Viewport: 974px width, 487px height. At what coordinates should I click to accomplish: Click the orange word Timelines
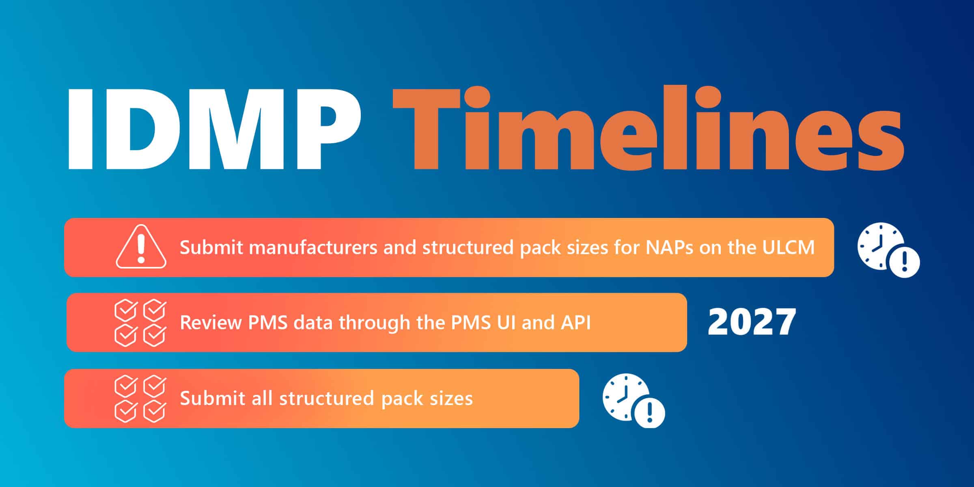pyautogui.click(x=648, y=127)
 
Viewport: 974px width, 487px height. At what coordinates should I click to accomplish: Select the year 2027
pyautogui.click(x=752, y=322)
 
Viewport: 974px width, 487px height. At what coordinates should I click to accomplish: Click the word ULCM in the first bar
pyautogui.click(x=788, y=247)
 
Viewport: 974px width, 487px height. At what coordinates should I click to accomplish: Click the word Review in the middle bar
pyautogui.click(x=211, y=323)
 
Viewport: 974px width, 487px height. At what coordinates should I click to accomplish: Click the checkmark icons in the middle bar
pyautogui.click(x=140, y=323)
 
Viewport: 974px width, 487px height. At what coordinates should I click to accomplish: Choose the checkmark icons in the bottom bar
pyautogui.click(x=140, y=399)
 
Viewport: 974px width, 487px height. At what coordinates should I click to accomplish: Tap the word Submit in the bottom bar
pyautogui.click(x=211, y=398)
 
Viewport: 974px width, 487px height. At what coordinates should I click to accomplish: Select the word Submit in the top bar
pyautogui.click(x=211, y=247)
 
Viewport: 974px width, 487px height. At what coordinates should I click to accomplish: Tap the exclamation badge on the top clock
pyautogui.click(x=904, y=262)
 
